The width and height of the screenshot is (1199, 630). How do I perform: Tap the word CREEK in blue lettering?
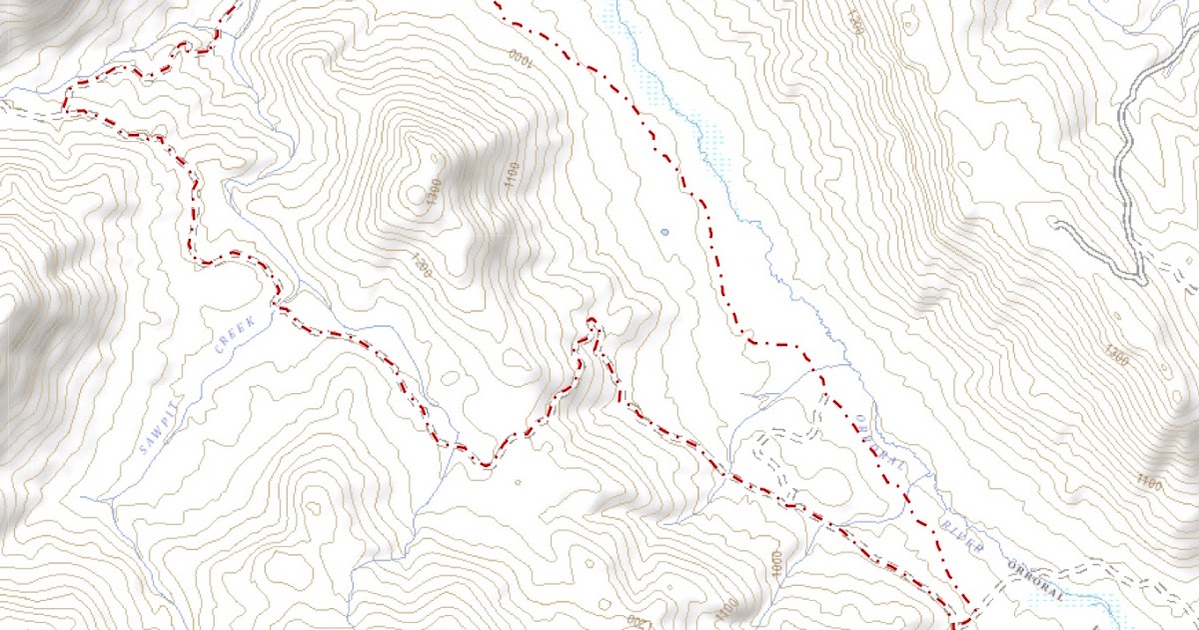pos(236,334)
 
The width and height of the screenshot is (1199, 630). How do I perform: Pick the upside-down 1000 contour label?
pos(521,55)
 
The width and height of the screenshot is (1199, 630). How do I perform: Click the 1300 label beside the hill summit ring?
pos(433,197)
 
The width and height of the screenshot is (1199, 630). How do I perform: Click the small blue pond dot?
pos(664,232)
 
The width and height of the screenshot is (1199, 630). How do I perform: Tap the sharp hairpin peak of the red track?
pos(592,321)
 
